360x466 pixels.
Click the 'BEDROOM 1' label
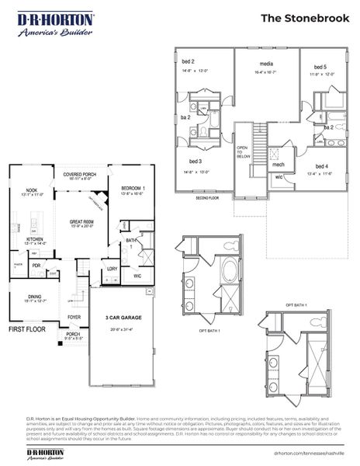[133, 189]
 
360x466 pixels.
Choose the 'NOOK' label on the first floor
[31, 190]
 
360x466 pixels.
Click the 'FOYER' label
[74, 317]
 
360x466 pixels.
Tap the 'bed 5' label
[320, 68]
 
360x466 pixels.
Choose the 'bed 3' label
[192, 161]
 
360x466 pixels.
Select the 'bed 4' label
[321, 166]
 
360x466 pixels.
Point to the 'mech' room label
[279, 165]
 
